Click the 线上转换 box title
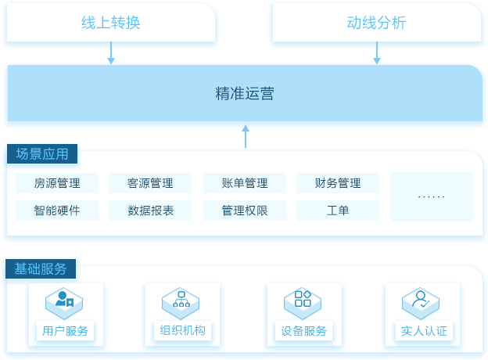pyautogui.click(x=111, y=23)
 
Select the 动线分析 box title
pyautogui.click(x=376, y=23)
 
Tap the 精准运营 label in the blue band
pyautogui.click(x=245, y=93)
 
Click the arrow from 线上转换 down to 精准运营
pyautogui.click(x=111, y=53)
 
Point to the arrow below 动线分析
pyautogui.click(x=377, y=53)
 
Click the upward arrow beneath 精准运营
pyautogui.click(x=246, y=136)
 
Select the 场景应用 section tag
pyautogui.click(x=42, y=154)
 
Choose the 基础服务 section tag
pyautogui.click(x=41, y=268)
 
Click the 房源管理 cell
pyautogui.click(x=57, y=183)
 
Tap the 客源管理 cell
pyautogui.click(x=150, y=183)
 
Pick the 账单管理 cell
pyautogui.click(x=245, y=183)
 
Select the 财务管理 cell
pyautogui.click(x=338, y=183)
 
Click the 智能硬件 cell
pyautogui.click(x=57, y=211)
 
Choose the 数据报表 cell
pyautogui.click(x=150, y=211)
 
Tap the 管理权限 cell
pyautogui.click(x=245, y=211)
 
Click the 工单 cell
pyautogui.click(x=338, y=211)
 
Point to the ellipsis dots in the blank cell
pyautogui.click(x=432, y=196)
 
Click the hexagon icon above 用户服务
pyautogui.click(x=64, y=304)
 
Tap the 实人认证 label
pyautogui.click(x=424, y=331)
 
